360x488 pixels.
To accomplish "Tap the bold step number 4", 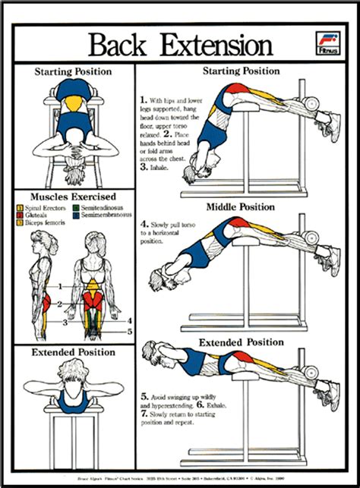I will click(x=144, y=225).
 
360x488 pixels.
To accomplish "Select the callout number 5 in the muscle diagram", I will click(x=130, y=332).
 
